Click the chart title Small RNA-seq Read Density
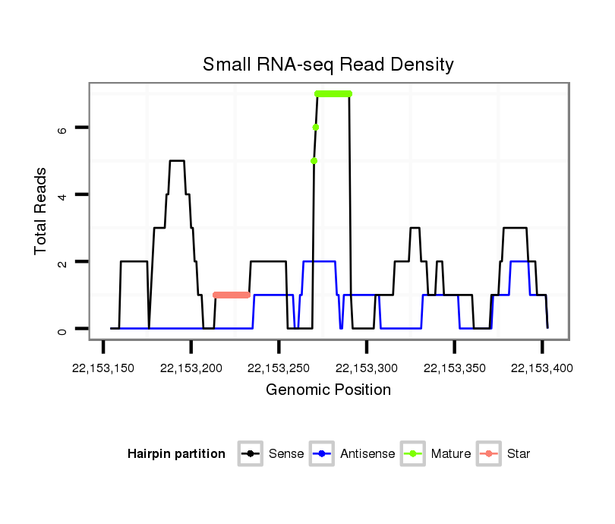tap(328, 65)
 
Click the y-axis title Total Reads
tap(43, 210)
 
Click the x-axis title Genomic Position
tap(328, 390)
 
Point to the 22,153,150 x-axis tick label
tap(103, 368)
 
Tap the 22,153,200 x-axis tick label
tap(191, 368)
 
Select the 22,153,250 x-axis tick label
tap(279, 368)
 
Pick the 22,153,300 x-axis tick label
tap(367, 368)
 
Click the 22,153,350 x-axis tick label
tap(454, 368)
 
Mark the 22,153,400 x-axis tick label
tap(542, 368)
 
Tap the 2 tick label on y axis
tap(63, 262)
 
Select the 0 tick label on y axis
tap(63, 329)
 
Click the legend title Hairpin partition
tap(176, 454)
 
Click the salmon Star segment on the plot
tap(232, 295)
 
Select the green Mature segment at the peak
tap(333, 93)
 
